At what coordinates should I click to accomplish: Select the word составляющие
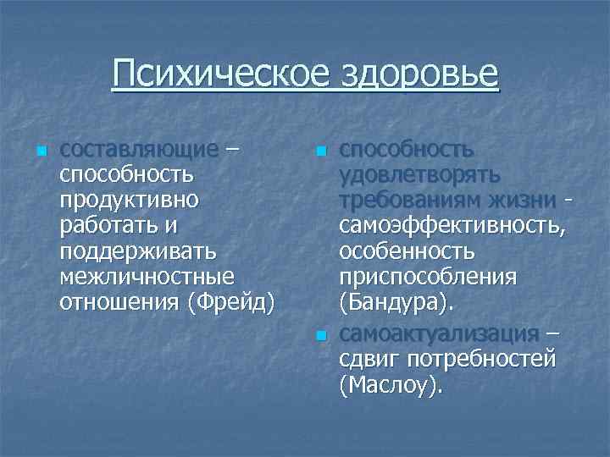point(139,151)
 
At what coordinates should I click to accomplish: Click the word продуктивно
point(130,201)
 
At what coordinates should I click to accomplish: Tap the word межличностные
point(147,277)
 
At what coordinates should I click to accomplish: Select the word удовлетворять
point(419,176)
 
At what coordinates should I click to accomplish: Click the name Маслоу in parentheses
point(390,385)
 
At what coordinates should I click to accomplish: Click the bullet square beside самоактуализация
point(319,336)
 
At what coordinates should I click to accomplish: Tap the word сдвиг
point(369,359)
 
